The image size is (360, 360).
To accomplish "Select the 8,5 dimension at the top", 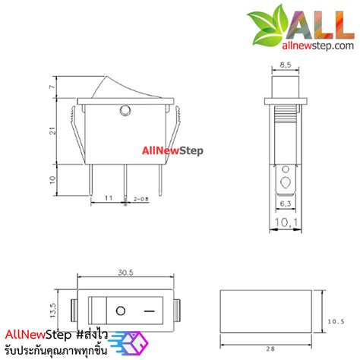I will (286, 66).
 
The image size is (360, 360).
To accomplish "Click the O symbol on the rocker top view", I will (120, 311).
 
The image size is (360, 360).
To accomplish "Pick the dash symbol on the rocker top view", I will (150, 311).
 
